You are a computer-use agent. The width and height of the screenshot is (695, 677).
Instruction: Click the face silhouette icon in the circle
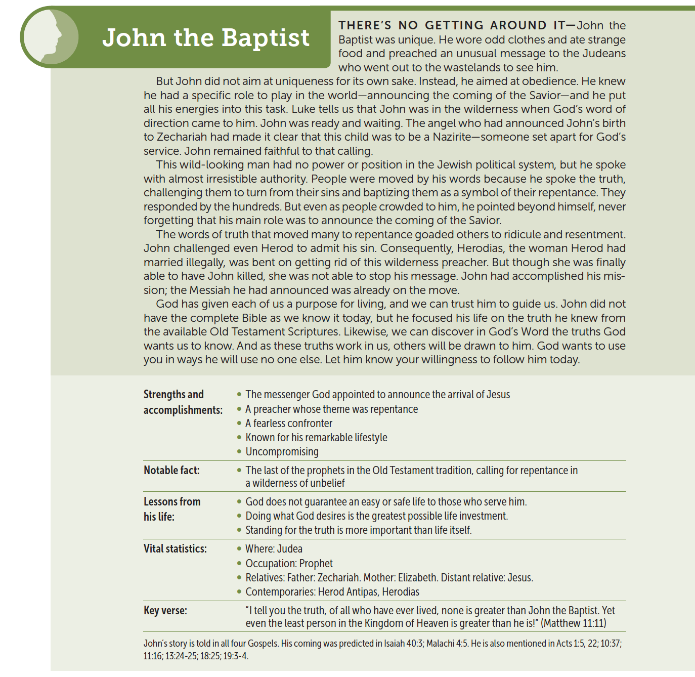pyautogui.click(x=50, y=38)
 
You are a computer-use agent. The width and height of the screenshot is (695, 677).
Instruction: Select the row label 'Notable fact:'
pyautogui.click(x=171, y=470)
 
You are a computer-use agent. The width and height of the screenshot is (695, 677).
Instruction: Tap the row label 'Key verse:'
pyautogui.click(x=165, y=610)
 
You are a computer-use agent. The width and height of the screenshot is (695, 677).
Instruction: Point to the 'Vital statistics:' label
pyautogui.click(x=175, y=548)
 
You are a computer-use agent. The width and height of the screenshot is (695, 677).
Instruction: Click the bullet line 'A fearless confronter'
pyautogui.click(x=289, y=424)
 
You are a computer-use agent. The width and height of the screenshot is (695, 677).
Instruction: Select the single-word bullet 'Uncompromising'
pyautogui.click(x=282, y=452)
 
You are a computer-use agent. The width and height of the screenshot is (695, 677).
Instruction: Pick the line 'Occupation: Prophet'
pyautogui.click(x=289, y=564)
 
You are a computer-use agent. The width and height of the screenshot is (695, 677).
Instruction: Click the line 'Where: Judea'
pyautogui.click(x=274, y=549)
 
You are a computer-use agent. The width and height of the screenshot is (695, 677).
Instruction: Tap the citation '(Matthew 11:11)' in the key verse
pyautogui.click(x=573, y=623)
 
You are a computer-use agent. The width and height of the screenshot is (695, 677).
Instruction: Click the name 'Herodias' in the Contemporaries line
pyautogui.click(x=401, y=592)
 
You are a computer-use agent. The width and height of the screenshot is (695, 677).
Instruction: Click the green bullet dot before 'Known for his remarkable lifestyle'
pyautogui.click(x=239, y=437)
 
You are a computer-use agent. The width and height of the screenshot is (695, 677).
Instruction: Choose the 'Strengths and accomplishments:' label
pyautogui.click(x=183, y=402)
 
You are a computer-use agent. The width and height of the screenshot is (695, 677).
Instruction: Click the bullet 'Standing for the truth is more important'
pyautogui.click(x=358, y=530)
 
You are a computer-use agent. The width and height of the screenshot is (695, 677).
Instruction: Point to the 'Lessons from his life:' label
pyautogui.click(x=172, y=509)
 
